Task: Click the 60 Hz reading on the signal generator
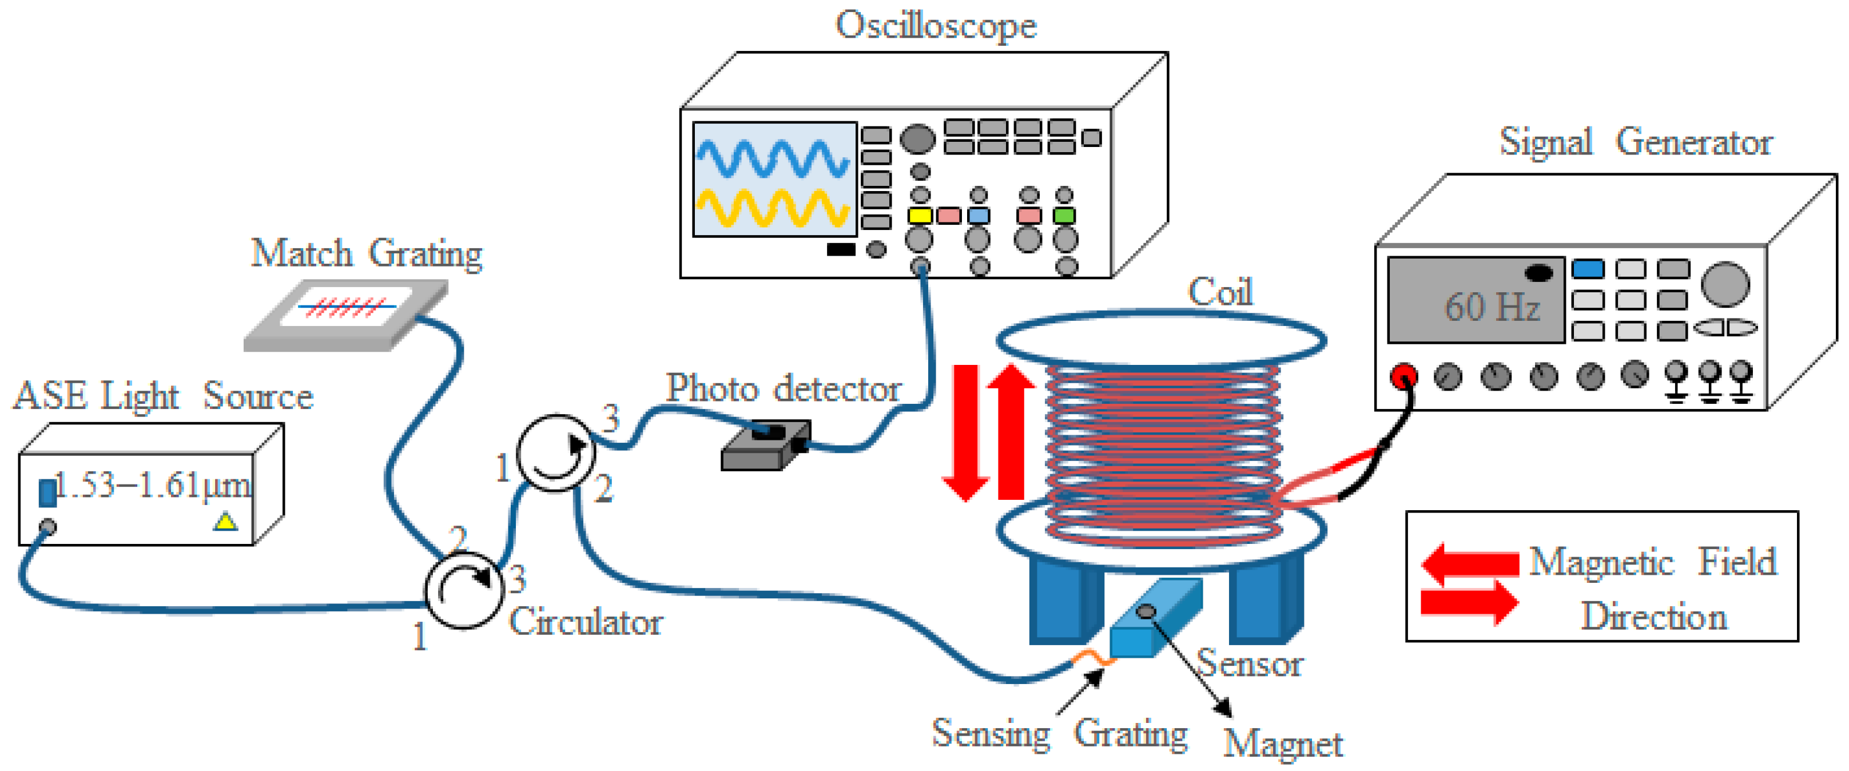pyautogui.click(x=1491, y=307)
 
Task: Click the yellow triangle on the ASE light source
pyautogui.click(x=225, y=521)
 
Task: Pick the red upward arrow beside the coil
pyautogui.click(x=1011, y=431)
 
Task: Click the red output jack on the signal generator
pyautogui.click(x=1403, y=375)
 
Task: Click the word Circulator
pyautogui.click(x=585, y=622)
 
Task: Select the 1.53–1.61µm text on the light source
pyautogui.click(x=153, y=485)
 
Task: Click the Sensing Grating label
pyautogui.click(x=1059, y=734)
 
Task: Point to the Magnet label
pyautogui.click(x=1283, y=744)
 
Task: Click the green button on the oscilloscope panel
pyautogui.click(x=1064, y=216)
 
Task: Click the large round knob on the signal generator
pyautogui.click(x=1725, y=284)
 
